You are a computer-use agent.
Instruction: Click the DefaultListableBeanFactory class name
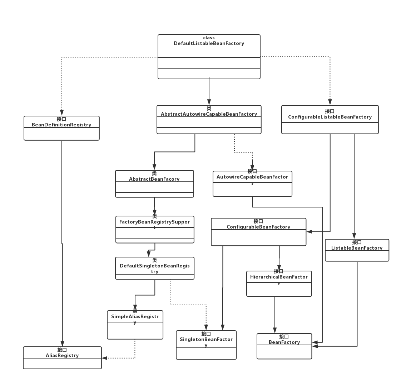209,44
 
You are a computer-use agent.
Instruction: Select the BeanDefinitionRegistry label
61,125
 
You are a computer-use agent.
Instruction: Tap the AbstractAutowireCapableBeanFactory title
209,114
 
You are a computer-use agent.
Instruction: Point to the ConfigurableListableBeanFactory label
330,117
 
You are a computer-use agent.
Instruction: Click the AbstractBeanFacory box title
154,179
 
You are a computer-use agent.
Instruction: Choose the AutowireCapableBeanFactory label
252,177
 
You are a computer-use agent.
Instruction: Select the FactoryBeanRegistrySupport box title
154,222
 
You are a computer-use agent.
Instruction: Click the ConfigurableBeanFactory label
258,227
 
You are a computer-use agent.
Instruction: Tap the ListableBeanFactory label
357,248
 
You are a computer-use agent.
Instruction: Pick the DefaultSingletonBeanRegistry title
154,266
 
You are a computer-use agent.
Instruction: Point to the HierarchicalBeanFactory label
279,277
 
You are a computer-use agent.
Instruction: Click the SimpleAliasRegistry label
135,317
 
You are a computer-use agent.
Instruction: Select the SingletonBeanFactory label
206,340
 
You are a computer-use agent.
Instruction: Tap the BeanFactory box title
284,342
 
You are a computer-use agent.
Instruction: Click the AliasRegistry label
62,355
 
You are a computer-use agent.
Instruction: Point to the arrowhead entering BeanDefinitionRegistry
62,113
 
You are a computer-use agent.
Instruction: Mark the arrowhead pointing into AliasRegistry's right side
104,358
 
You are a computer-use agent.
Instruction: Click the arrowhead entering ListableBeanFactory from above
354,236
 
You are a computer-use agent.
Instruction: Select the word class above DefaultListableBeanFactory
209,38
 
